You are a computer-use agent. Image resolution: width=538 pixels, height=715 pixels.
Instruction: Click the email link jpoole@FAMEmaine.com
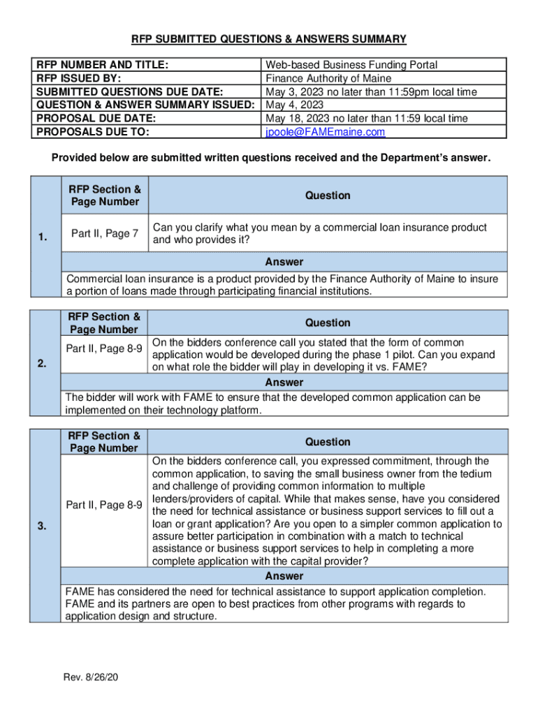click(325, 132)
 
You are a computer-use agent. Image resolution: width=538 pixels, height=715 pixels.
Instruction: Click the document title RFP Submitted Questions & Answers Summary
click(270, 38)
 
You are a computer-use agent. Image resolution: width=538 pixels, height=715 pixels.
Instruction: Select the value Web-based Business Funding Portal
click(351, 65)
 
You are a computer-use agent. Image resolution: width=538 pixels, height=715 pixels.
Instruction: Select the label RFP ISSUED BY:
click(78, 78)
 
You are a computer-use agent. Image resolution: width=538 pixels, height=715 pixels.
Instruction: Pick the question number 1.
click(44, 238)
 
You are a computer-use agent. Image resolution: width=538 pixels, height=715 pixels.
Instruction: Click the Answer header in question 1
click(284, 262)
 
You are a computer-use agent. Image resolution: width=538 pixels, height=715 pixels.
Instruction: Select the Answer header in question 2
click(284, 383)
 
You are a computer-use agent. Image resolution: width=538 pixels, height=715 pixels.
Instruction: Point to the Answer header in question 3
click(284, 576)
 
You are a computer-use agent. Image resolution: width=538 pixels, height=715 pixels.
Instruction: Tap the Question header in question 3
click(328, 442)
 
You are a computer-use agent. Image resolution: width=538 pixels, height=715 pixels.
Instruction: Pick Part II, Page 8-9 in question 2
click(105, 348)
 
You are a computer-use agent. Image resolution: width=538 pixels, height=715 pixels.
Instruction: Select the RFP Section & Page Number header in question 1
click(105, 196)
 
